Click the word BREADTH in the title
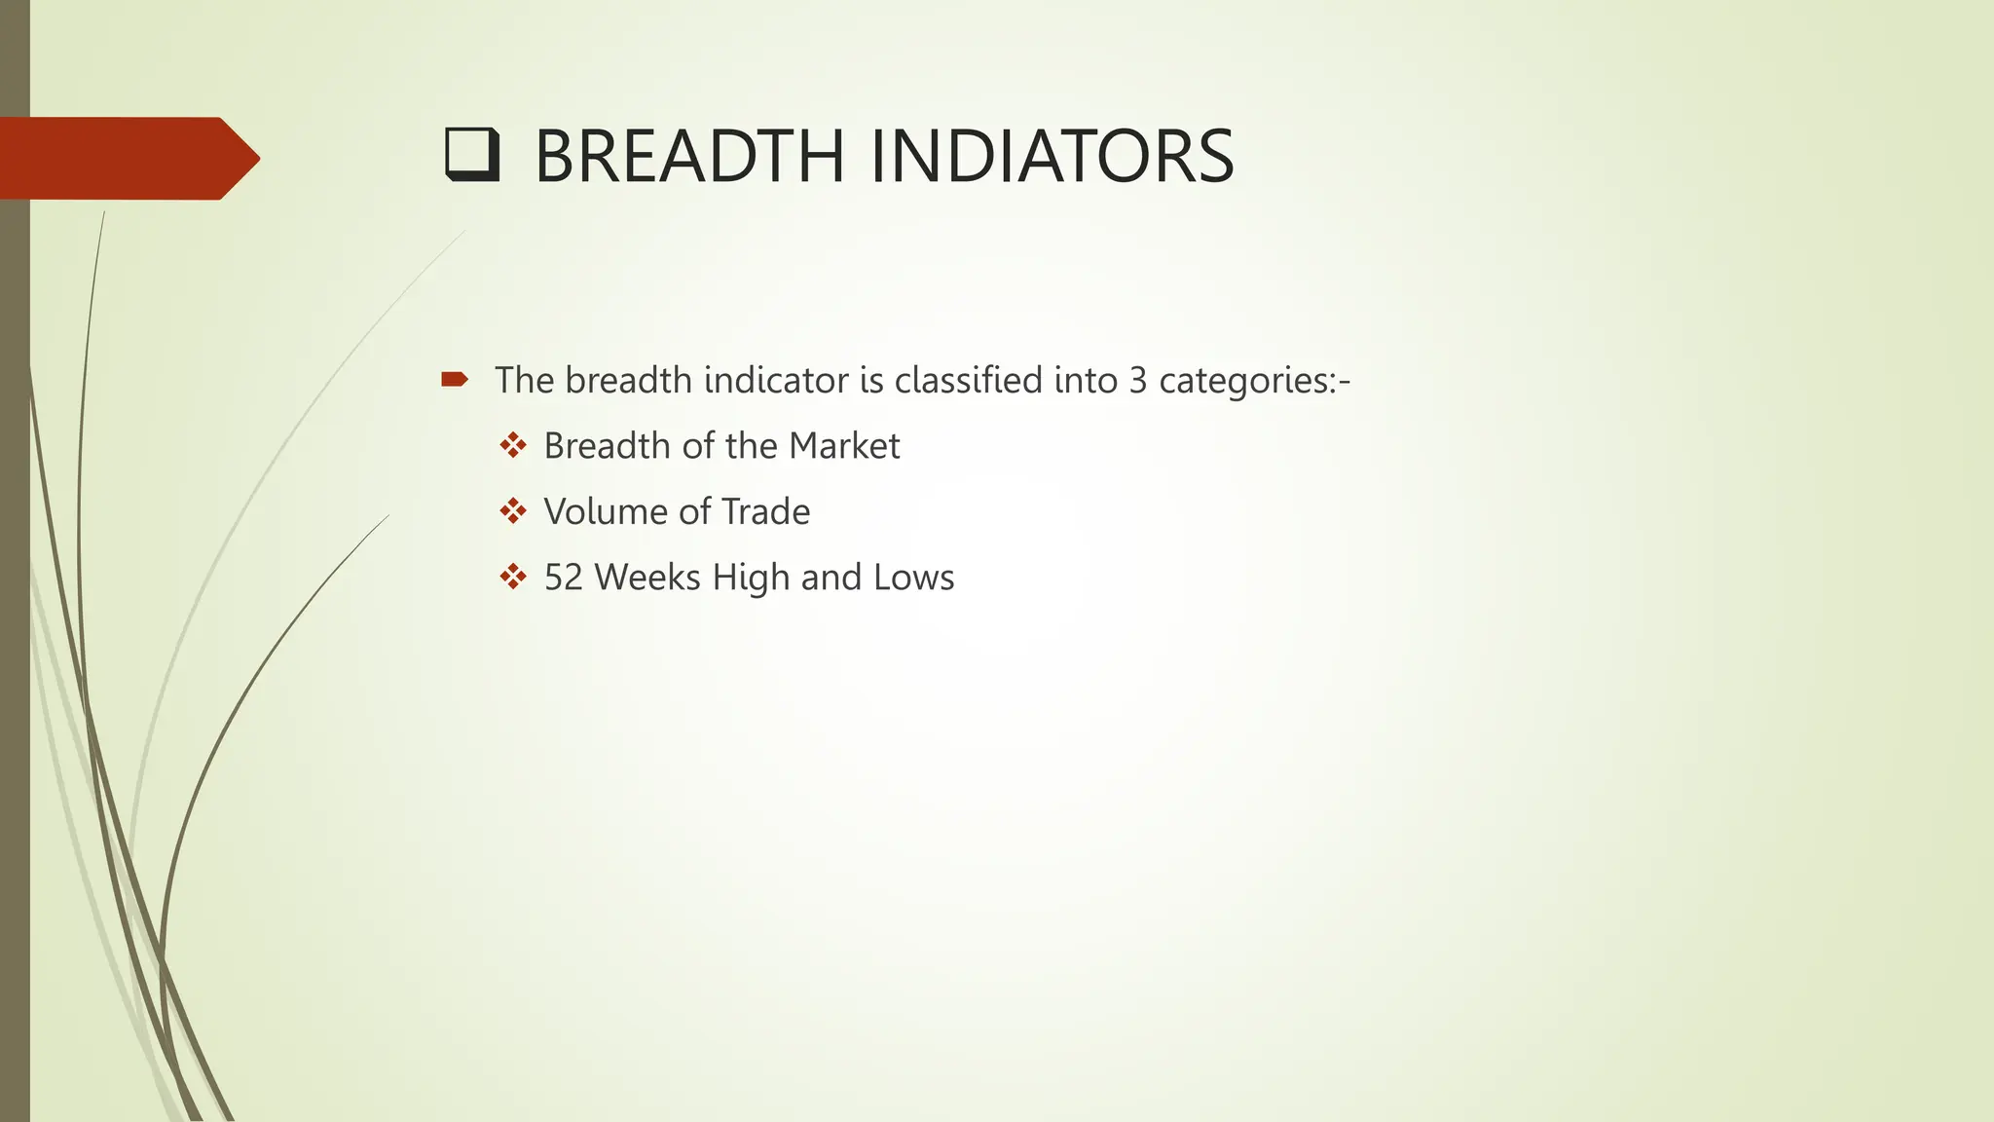click(x=689, y=157)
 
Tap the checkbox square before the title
click(x=472, y=156)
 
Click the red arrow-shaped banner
click(x=127, y=158)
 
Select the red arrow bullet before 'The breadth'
click(x=454, y=379)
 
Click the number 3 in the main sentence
click(x=1137, y=380)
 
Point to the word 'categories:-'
click(x=1254, y=381)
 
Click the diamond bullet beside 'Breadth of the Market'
click(x=513, y=445)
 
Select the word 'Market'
click(x=844, y=446)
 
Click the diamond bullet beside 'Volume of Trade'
click(x=513, y=510)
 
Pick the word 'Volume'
click(x=602, y=511)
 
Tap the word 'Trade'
click(x=765, y=511)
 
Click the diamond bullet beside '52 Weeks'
click(x=513, y=577)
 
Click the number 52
click(x=564, y=578)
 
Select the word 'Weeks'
click(x=647, y=578)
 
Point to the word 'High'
click(x=751, y=578)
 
